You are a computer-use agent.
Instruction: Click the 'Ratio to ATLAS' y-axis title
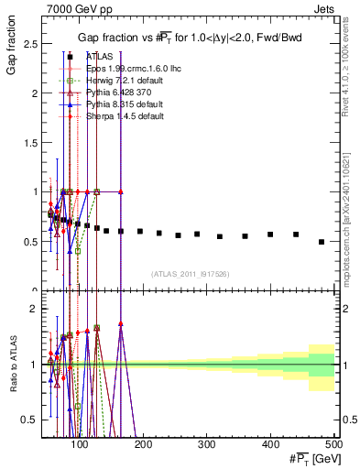point(12,364)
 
